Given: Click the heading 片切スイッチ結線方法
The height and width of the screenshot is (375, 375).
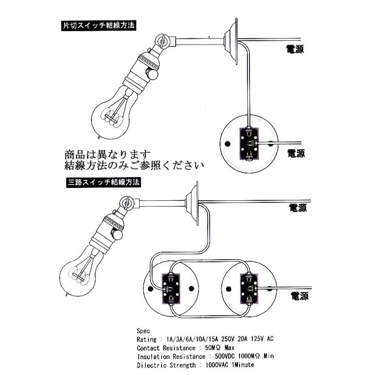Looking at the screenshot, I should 99,25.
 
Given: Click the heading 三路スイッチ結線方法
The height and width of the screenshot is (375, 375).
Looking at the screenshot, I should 103,182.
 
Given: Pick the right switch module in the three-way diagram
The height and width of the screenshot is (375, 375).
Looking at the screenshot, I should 248,288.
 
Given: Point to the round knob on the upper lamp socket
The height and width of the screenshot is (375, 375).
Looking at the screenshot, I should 155,74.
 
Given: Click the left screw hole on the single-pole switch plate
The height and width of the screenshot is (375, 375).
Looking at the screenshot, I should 227,144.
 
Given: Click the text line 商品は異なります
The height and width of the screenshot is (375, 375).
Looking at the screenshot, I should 107,154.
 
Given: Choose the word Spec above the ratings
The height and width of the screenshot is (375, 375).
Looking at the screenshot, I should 143,330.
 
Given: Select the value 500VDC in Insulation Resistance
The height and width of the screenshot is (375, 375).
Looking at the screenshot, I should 225,356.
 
